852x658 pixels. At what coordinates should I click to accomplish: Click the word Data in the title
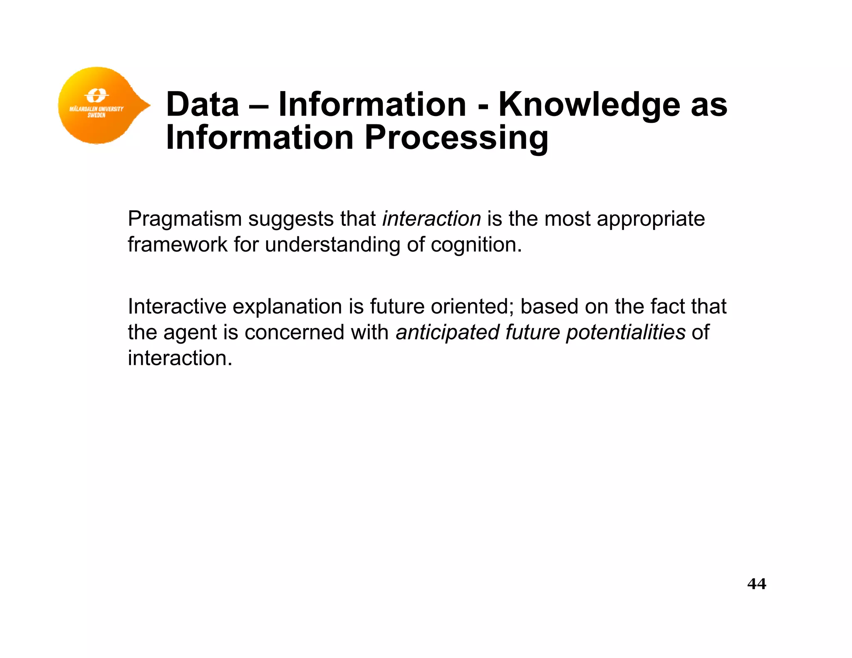click(203, 104)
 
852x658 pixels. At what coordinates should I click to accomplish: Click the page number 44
click(756, 584)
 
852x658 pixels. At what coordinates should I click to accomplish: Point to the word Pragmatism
click(185, 219)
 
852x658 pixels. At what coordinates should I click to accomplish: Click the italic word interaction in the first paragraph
click(431, 219)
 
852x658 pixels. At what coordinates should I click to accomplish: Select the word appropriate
click(651, 219)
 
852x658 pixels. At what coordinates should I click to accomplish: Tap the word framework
click(177, 245)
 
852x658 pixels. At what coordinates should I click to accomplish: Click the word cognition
click(476, 245)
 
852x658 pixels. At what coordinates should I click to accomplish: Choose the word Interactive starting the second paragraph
click(177, 307)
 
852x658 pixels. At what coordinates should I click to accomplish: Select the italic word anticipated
click(447, 332)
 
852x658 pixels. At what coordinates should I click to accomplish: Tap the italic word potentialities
click(625, 332)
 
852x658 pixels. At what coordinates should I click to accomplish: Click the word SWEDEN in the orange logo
click(97, 115)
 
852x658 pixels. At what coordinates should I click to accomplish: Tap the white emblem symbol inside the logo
click(97, 95)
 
